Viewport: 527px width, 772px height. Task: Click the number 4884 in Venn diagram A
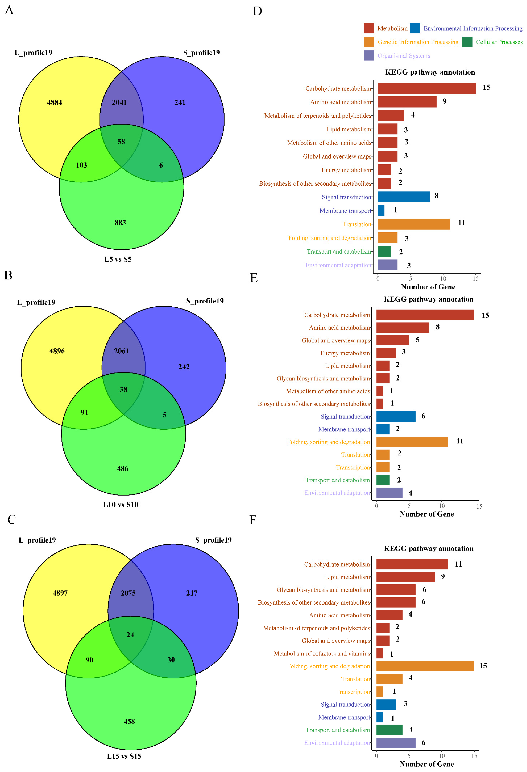pyautogui.click(x=54, y=102)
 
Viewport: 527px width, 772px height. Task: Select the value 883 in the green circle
pyautogui.click(x=120, y=223)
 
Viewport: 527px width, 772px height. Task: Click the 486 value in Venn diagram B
pyautogui.click(x=122, y=469)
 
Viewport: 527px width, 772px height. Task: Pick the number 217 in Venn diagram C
pyautogui.click(x=192, y=593)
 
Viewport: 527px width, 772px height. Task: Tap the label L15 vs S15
pyautogui.click(x=124, y=756)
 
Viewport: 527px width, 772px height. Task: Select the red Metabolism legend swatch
pyautogui.click(x=369, y=28)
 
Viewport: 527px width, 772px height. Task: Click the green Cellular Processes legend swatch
pyautogui.click(x=467, y=42)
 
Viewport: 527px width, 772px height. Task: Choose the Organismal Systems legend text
pyautogui.click(x=404, y=56)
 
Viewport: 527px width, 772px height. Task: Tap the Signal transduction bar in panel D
pyautogui.click(x=404, y=197)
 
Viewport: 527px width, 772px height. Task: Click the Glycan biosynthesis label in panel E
pyautogui.click(x=323, y=378)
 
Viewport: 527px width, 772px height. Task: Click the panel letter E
pyautogui.click(x=254, y=278)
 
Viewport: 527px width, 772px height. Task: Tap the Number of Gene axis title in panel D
pyautogui.click(x=428, y=287)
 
